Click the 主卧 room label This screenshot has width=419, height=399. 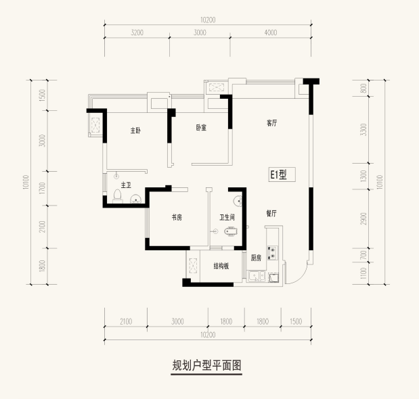coord(135,131)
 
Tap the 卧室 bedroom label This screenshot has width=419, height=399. coord(201,128)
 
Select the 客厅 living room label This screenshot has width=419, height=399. coord(271,123)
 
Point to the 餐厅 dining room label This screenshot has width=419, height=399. coord(271,213)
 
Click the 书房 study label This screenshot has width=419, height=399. coord(177,218)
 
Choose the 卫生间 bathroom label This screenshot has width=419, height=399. coord(227,218)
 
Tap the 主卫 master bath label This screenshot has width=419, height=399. coord(126,185)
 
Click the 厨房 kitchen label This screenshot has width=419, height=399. coord(256,258)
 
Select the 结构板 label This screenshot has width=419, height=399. coord(221,266)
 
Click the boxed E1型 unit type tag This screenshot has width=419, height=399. coord(282,174)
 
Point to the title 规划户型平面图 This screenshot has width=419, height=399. coord(206,365)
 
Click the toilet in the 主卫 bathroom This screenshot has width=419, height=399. coord(117,196)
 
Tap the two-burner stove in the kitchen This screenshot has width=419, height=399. coord(273,253)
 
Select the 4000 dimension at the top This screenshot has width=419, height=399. coord(271,32)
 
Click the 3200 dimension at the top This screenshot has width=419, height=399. coord(137,32)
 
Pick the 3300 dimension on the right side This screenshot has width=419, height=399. coord(363,129)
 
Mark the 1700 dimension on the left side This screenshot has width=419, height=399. coord(42,188)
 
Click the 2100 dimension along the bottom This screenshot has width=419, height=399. coord(126,321)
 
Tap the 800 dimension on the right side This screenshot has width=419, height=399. coord(363,89)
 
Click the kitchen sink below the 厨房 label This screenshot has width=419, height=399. coord(257,276)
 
